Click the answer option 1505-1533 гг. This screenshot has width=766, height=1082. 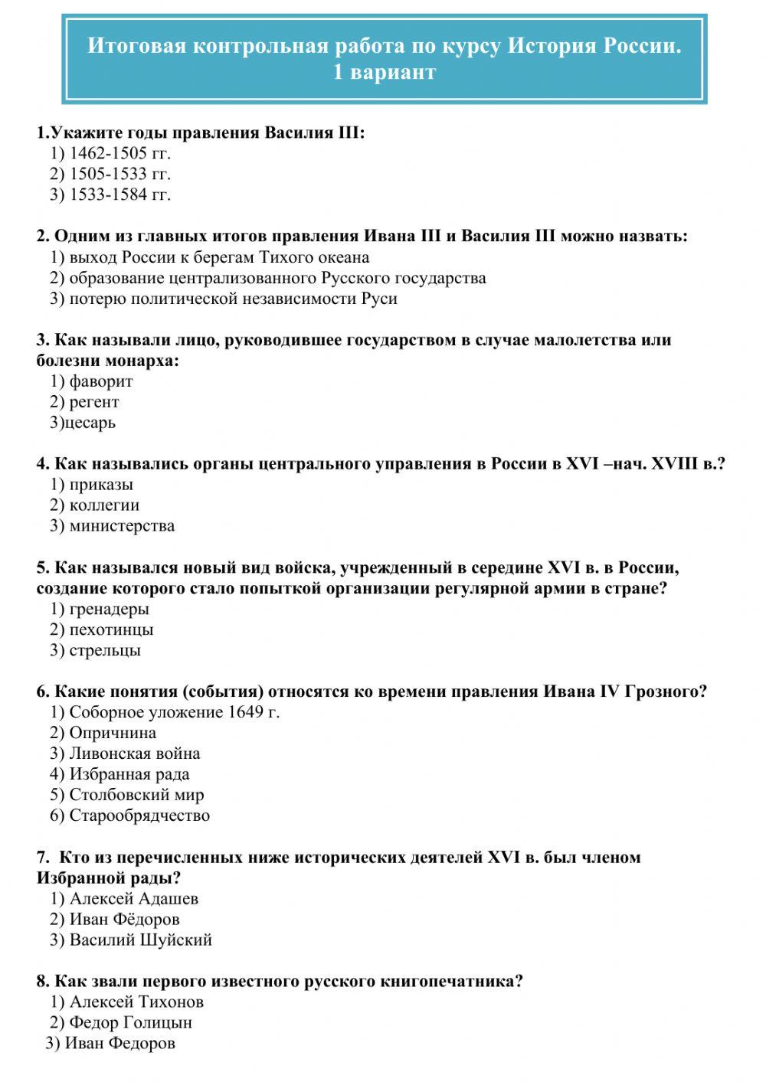click(x=119, y=174)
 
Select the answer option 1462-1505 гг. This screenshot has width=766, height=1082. click(x=119, y=153)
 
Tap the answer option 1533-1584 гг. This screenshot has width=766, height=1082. click(x=119, y=194)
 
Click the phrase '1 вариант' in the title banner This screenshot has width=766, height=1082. click(x=384, y=72)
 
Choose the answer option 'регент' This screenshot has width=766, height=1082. click(x=93, y=402)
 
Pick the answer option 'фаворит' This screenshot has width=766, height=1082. click(x=100, y=381)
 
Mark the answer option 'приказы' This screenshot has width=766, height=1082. click(x=100, y=485)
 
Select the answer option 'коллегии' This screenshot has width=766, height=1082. click(x=103, y=505)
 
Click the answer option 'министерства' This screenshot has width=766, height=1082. click(x=121, y=526)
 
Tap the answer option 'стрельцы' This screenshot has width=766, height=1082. click(x=104, y=651)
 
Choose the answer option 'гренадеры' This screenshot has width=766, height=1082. click(x=109, y=610)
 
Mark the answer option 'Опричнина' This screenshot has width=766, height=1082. click(x=112, y=733)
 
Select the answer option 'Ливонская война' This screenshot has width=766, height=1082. click(x=134, y=753)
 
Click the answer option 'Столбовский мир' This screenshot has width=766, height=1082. click(x=136, y=795)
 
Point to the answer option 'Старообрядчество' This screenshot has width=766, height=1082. click(x=139, y=816)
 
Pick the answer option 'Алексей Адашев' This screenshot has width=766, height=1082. click(x=133, y=899)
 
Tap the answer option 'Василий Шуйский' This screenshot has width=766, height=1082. click(x=140, y=940)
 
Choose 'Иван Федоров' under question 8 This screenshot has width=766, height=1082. click(x=119, y=1043)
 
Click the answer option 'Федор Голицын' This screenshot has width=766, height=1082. click(x=130, y=1022)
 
